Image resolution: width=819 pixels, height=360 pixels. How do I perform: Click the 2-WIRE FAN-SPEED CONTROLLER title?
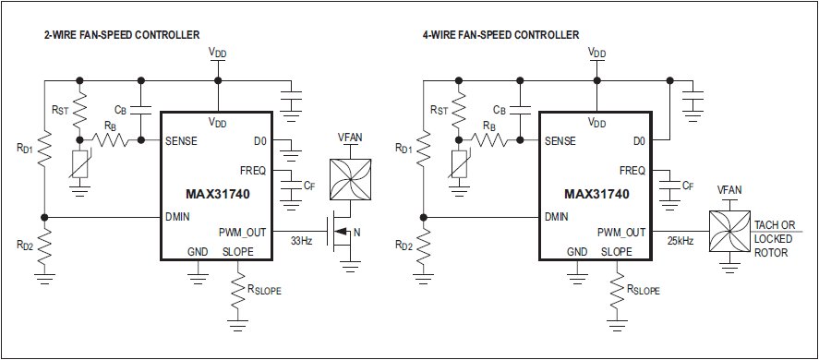(121, 35)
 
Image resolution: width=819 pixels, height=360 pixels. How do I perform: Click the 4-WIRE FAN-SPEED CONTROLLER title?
(500, 35)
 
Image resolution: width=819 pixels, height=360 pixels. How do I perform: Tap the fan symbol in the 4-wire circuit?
(729, 231)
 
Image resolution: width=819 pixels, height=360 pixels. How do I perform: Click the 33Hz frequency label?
(301, 241)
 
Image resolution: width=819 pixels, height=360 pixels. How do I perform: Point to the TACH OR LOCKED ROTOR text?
(775, 238)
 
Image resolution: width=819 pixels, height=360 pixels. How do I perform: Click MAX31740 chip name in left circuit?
(217, 195)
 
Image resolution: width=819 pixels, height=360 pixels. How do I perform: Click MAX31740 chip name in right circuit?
(596, 195)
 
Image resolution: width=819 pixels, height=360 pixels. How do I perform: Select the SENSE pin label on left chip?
(181, 141)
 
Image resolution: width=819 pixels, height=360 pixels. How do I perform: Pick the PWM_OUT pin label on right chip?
(621, 232)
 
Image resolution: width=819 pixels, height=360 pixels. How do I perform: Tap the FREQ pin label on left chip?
(253, 171)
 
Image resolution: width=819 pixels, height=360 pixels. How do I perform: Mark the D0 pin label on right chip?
(638, 141)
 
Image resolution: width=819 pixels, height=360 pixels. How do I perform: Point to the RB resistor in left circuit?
(112, 141)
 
